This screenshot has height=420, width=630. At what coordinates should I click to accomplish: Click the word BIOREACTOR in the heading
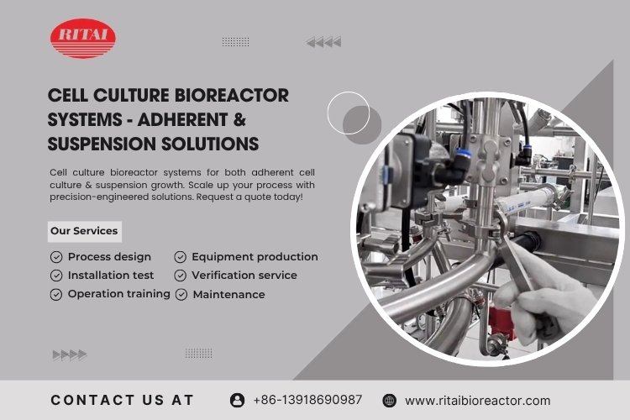tap(232, 96)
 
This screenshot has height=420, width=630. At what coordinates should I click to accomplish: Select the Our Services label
tap(84, 231)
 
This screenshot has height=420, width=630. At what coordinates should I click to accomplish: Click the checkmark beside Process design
tap(56, 257)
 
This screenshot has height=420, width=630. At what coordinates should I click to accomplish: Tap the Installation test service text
tap(111, 276)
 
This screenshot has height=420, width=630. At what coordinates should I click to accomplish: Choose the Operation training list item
tap(118, 295)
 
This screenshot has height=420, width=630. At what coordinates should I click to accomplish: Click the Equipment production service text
tap(255, 257)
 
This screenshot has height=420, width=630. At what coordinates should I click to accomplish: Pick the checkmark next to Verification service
tap(180, 276)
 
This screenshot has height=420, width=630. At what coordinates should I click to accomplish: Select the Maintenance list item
tap(228, 295)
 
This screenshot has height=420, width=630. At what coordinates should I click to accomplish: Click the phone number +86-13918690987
tap(307, 400)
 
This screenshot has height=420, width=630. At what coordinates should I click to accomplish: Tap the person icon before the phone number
tap(237, 401)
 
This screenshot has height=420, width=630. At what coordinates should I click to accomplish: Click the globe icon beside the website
tap(389, 401)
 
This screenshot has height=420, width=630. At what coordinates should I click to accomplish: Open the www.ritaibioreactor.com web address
tap(477, 401)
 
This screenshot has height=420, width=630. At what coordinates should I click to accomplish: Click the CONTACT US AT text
tap(122, 400)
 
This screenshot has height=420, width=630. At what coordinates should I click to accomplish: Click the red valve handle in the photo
tap(501, 323)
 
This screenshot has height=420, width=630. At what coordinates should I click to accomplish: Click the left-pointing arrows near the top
tap(323, 42)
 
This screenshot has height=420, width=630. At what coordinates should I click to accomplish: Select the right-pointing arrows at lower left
tap(70, 354)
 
